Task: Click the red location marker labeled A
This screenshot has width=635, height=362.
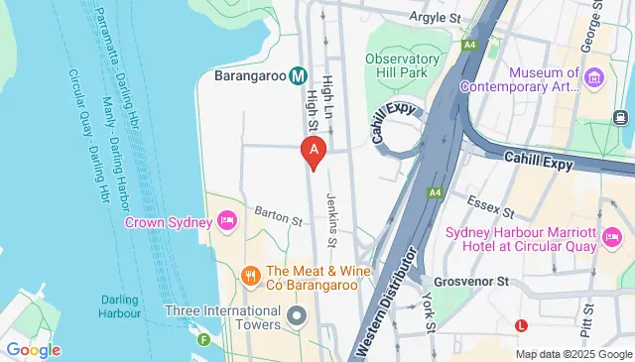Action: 314,152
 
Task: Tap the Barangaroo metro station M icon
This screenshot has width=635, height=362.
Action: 298,75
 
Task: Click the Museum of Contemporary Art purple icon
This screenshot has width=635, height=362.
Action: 594,77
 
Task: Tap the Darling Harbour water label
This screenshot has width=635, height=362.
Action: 124,306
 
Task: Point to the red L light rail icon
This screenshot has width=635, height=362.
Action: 522,324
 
